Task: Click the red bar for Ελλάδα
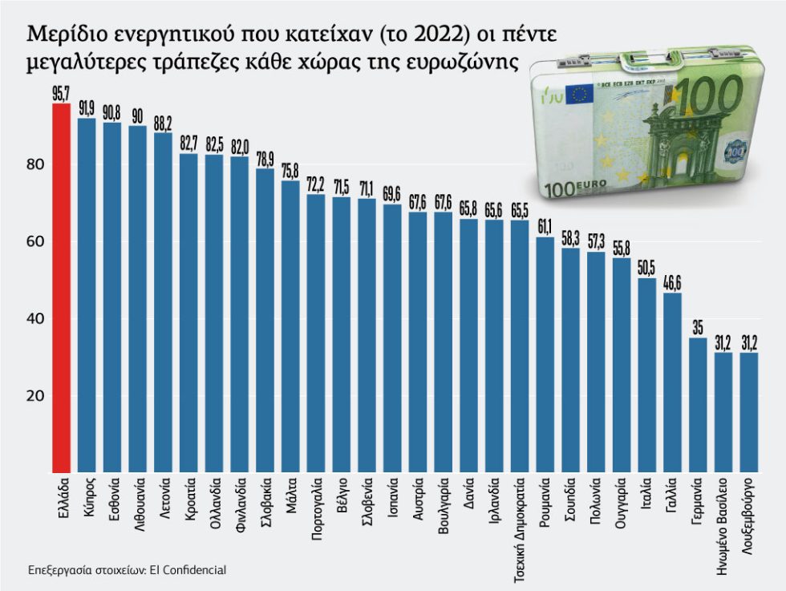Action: [x=62, y=288]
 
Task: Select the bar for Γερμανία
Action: [x=698, y=405]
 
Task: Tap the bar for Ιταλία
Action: [x=646, y=375]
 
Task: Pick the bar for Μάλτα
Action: [x=290, y=327]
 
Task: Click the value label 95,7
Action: [x=61, y=95]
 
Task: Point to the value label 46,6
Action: [x=672, y=283]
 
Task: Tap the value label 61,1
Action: [x=545, y=228]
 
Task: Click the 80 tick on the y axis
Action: [x=36, y=165]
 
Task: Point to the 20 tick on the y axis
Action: [x=36, y=396]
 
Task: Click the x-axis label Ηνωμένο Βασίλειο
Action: [x=723, y=526]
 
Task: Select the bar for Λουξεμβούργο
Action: [x=748, y=412]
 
